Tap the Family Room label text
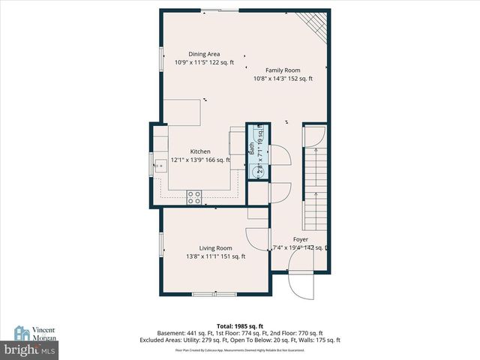pos(282,70)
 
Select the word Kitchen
pos(200,151)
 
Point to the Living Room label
pos(215,248)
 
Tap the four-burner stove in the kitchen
pos(194,198)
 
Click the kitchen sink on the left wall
pos(160,164)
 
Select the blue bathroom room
pos(256,151)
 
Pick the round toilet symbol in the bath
pos(256,169)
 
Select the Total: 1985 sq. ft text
pos(239,326)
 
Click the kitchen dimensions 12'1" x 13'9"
pos(200,160)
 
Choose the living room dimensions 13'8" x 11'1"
pos(215,256)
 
